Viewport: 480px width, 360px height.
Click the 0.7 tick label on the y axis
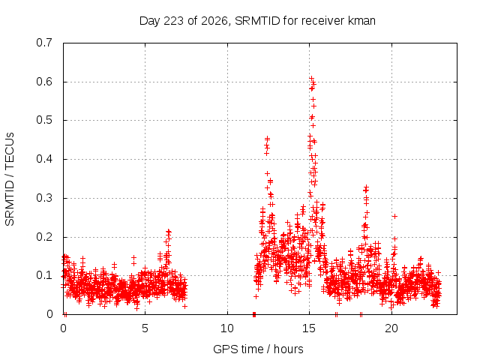pos(44,43)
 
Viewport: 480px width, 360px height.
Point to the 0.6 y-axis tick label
pos(44,82)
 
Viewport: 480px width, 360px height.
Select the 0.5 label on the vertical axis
pos(44,120)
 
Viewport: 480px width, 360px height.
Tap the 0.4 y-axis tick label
pos(44,159)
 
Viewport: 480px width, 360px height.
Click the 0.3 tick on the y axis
pos(44,198)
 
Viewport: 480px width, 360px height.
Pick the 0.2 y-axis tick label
pos(44,237)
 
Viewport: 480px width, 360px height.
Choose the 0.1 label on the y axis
pos(44,275)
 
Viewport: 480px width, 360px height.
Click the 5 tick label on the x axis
pos(145,328)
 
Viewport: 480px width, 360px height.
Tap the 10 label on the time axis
pos(227,328)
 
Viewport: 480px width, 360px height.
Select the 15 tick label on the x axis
pos(309,328)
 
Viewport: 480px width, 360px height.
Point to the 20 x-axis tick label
pos(391,328)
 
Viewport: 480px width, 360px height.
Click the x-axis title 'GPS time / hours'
pos(258,349)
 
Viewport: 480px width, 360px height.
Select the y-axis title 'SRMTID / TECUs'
pos(10,179)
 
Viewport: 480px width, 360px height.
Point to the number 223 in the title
pos(173,21)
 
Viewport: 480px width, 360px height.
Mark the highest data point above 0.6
pos(312,78)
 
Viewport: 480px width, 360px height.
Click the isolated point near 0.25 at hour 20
pos(395,217)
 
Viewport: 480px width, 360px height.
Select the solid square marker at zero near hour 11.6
pos(254,314)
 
